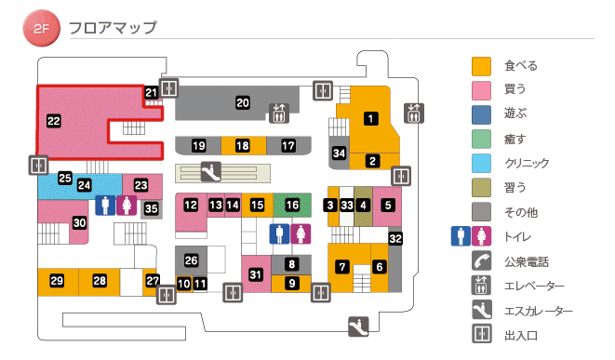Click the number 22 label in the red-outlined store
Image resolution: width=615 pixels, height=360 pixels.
(53, 120)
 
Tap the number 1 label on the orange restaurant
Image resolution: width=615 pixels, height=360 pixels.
(370, 118)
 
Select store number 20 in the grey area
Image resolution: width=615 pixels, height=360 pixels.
(243, 102)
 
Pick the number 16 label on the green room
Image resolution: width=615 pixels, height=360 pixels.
(293, 204)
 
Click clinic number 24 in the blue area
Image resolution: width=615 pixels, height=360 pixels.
(84, 185)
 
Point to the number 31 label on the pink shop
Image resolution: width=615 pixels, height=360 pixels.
(256, 273)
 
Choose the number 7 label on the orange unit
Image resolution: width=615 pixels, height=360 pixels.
(342, 267)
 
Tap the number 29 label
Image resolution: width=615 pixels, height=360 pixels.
(57, 281)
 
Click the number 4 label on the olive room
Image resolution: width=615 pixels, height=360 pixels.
(364, 205)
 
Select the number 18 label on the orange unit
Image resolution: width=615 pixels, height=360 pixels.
(242, 146)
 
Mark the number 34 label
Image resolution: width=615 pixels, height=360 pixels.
(340, 153)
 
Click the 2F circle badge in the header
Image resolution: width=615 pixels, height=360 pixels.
(40, 30)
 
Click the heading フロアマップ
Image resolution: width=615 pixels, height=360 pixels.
(113, 27)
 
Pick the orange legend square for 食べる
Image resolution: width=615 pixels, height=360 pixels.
(481, 67)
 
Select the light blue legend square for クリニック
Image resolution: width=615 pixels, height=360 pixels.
(481, 164)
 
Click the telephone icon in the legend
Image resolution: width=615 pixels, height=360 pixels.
(481, 261)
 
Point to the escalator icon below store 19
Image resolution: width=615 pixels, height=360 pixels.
(212, 171)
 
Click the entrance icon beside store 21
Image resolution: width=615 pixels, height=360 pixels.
(168, 88)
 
